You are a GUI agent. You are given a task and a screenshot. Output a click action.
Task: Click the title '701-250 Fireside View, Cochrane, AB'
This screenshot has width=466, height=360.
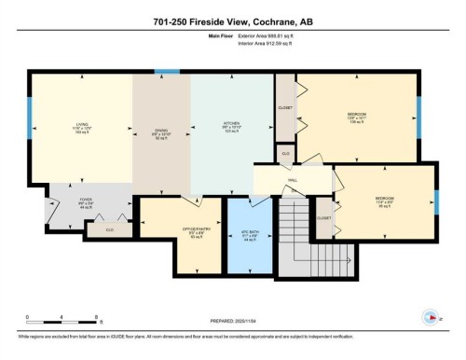(x=232, y=21)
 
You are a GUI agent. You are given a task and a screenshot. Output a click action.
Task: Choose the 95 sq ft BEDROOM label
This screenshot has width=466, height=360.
(x=384, y=202)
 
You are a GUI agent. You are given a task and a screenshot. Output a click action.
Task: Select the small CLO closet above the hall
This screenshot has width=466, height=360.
(x=286, y=152)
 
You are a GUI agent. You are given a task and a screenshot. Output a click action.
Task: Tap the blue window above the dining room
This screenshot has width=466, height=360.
(x=166, y=71)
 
